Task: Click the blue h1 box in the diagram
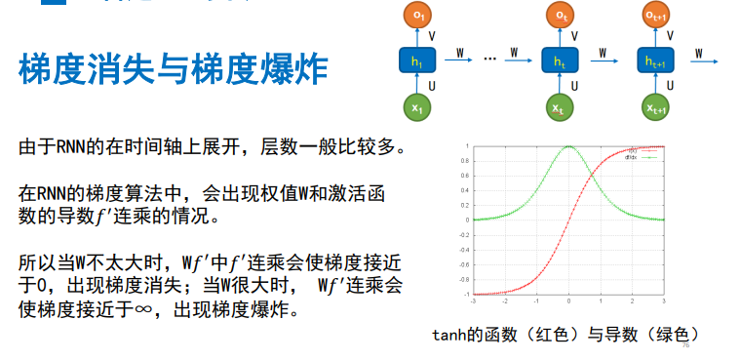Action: click(x=417, y=62)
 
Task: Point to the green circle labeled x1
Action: click(x=417, y=107)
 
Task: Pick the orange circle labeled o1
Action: click(x=417, y=18)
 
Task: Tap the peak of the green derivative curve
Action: click(x=568, y=146)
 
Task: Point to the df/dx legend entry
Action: click(x=631, y=156)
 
